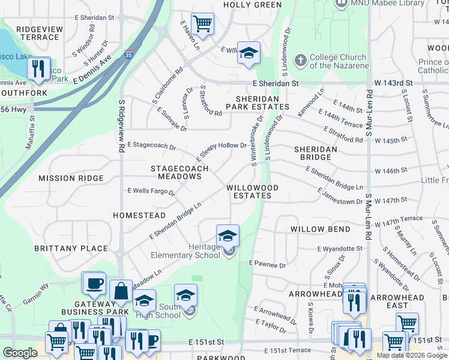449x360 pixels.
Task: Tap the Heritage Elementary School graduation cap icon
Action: pos(228,235)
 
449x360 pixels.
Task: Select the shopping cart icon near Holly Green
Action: pos(203,24)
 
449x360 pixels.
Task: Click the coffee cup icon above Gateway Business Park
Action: pos(94,283)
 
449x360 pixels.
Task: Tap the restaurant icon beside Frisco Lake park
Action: pos(38,68)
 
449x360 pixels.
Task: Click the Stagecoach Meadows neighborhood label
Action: pos(179,173)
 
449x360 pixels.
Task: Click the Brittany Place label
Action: pos(79,248)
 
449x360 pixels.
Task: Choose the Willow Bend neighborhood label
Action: pos(321,229)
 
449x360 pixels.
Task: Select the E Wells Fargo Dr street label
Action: pos(151,192)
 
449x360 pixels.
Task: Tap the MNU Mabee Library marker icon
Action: pos(340,4)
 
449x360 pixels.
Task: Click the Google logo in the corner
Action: pos(19,353)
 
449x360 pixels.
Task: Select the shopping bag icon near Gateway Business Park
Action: pos(121,290)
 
